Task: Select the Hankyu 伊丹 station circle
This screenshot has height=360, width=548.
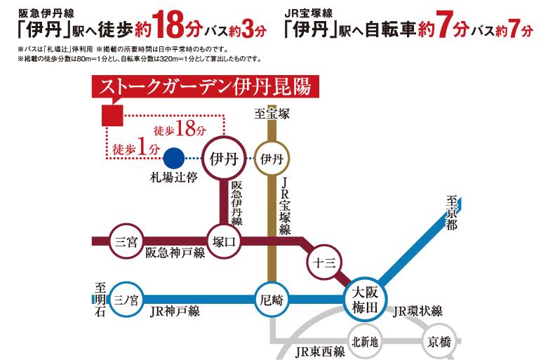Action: (x=222, y=158)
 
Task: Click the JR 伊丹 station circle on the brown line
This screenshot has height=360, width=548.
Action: (x=271, y=158)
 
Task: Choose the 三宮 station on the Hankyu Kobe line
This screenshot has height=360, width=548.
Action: (x=126, y=241)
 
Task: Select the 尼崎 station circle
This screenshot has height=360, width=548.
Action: (x=270, y=298)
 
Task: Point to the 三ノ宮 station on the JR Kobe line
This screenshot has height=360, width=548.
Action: (x=126, y=298)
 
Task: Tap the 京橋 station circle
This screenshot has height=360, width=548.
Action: (x=436, y=342)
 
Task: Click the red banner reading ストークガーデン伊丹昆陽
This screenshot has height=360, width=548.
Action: (x=199, y=88)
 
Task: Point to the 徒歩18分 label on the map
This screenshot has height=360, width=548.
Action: (x=180, y=130)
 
